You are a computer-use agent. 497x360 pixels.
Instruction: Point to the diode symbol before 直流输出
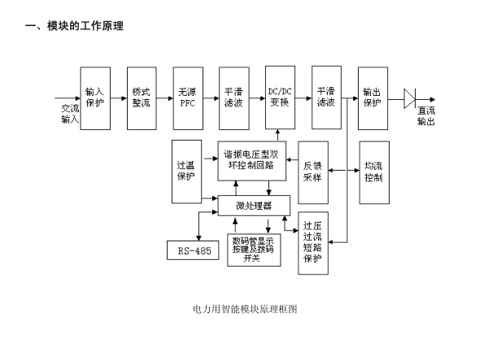click(409, 98)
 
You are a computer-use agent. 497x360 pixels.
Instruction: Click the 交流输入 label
click(70, 114)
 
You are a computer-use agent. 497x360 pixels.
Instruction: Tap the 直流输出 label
click(425, 115)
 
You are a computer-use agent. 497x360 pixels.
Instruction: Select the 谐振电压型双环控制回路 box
click(251, 159)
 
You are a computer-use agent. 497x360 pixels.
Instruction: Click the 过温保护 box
click(186, 171)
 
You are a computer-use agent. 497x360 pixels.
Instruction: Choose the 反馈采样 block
click(313, 171)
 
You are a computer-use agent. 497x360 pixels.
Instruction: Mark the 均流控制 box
click(373, 171)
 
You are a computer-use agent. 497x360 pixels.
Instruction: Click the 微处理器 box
click(253, 205)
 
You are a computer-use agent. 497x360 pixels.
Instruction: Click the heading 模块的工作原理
click(75, 26)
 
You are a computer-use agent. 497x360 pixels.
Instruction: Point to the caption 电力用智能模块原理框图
click(245, 309)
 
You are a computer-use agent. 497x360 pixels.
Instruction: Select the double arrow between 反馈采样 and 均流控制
click(343, 171)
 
